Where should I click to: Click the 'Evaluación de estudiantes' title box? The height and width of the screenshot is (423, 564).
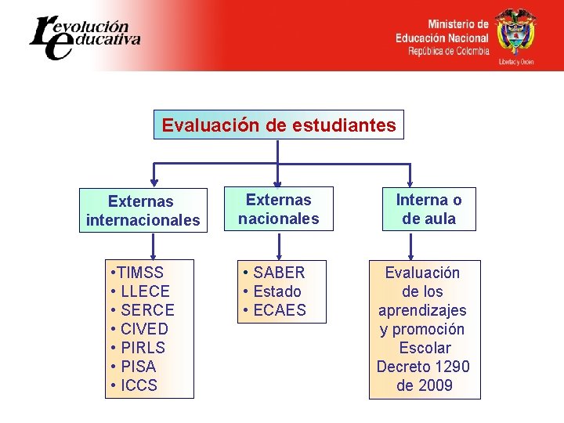278,125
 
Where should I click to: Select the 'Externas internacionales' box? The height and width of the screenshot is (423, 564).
143,211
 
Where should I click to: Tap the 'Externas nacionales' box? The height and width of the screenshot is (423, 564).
279,209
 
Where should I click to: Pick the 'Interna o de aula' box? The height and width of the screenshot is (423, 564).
428,209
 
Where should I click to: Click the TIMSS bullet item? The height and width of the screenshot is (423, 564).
142,273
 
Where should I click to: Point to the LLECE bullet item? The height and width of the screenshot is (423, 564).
144,291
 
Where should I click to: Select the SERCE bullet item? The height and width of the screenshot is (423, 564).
146,310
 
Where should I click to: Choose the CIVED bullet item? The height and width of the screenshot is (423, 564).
143,329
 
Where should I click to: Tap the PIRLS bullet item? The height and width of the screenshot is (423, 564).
143,348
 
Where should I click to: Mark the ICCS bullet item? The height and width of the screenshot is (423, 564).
139,385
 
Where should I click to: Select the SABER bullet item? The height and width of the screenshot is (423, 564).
279,273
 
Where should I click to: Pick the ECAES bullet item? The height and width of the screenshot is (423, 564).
279,310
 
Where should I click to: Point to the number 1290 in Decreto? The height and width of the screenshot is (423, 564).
450,367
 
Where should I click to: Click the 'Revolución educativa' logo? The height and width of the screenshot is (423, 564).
85,36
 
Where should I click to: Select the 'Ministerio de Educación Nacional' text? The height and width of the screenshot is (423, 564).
442,31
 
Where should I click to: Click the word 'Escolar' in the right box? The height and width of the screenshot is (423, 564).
425,348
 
